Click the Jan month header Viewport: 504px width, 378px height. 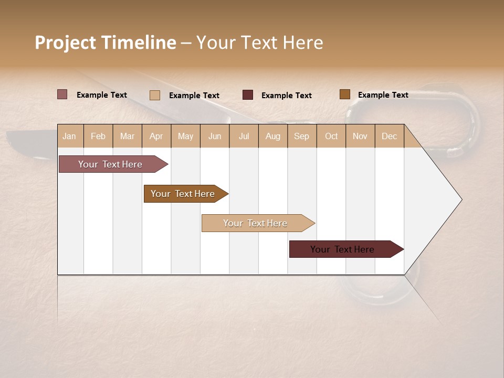(x=70, y=136)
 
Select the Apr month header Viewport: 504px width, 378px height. (x=156, y=136)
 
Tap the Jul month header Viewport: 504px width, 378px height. (x=244, y=136)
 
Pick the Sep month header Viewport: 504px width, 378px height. (x=301, y=136)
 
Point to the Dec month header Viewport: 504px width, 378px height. (x=389, y=136)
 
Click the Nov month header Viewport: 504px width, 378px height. (x=360, y=136)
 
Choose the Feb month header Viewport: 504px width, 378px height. (x=98, y=136)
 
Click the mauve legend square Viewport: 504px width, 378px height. (x=62, y=94)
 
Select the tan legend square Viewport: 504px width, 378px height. (x=155, y=95)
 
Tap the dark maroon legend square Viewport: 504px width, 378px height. (x=248, y=95)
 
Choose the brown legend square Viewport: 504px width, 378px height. (x=345, y=94)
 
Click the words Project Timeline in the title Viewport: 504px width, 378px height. (x=105, y=43)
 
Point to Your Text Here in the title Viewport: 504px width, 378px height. (x=259, y=43)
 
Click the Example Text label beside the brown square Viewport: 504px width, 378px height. (x=383, y=95)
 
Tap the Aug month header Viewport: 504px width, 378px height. (x=273, y=136)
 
